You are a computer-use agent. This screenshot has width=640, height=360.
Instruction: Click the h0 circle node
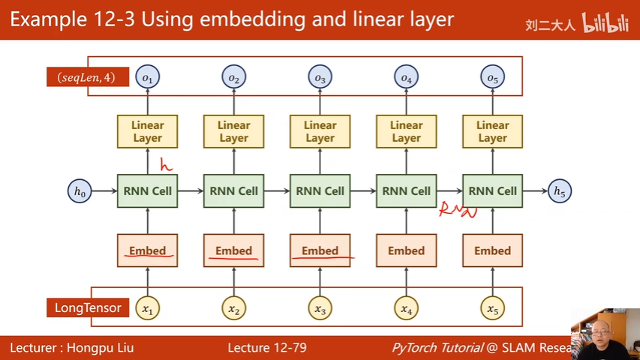pos(80,191)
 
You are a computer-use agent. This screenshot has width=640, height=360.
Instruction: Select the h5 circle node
pos(560,191)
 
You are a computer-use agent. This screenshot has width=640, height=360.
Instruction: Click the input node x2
pos(233,308)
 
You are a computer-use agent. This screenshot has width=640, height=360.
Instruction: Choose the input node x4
pos(406,308)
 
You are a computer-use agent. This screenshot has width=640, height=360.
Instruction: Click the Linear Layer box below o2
pos(233,131)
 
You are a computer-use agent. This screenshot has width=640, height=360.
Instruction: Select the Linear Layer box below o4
pos(406,131)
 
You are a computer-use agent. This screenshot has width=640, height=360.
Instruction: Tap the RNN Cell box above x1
pos(147,191)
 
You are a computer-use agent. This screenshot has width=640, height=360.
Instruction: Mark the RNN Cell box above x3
pos(320,191)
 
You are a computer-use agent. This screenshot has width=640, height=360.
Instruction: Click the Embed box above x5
pos(492,250)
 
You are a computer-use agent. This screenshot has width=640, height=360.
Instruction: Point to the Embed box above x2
pos(233,250)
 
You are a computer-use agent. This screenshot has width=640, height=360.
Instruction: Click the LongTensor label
pos(88,307)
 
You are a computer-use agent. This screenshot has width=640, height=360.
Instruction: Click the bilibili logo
pos(605,25)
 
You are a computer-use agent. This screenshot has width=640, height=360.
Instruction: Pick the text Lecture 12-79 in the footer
pos(266,347)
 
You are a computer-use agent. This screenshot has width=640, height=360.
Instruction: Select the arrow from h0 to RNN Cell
pos(103,191)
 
